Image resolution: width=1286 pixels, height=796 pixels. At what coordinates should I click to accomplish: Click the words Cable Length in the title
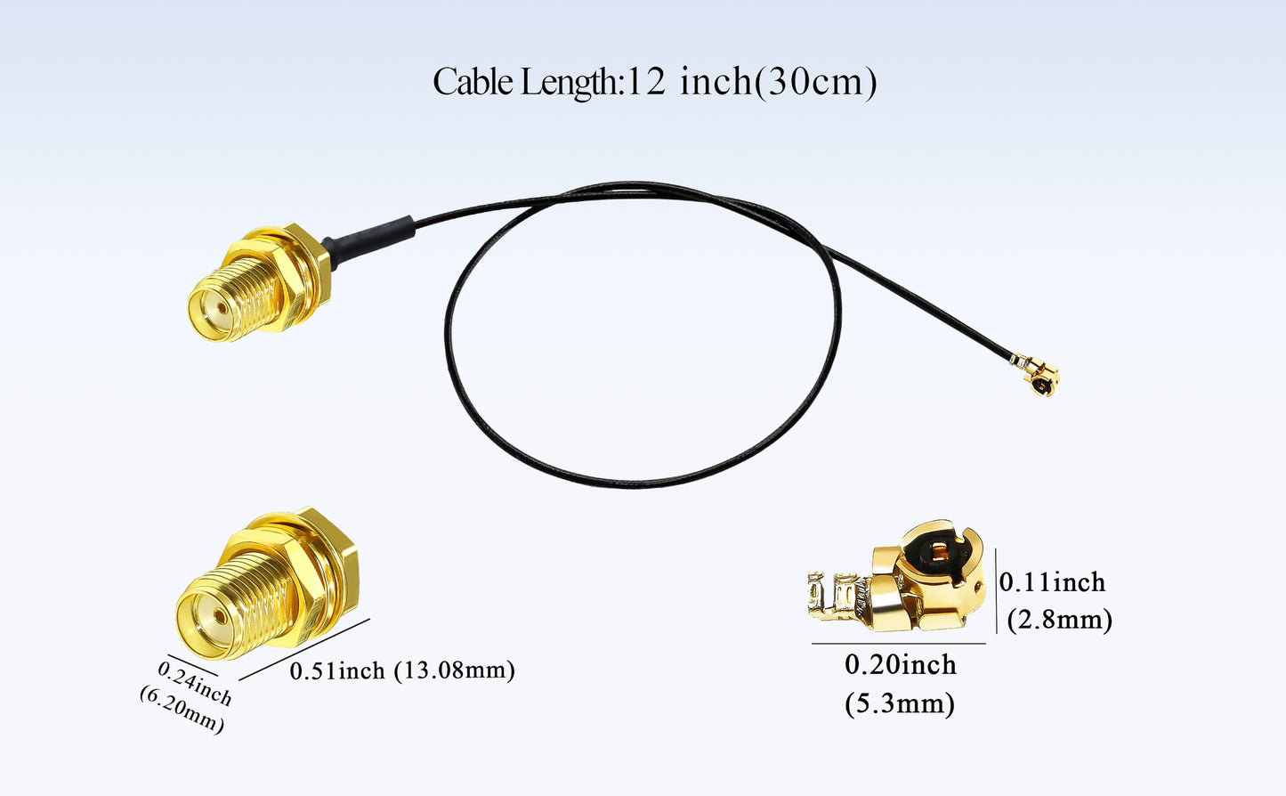[524, 82]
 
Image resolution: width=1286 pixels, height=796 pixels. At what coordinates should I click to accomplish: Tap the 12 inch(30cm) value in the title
[752, 82]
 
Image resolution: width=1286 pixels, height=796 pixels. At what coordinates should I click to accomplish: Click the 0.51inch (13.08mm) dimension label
[402, 670]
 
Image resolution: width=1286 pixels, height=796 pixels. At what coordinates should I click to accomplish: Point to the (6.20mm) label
[182, 710]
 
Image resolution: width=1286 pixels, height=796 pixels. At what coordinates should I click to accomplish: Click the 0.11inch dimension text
[1052, 582]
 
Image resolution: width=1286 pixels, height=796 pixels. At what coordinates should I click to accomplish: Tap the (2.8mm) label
[1059, 619]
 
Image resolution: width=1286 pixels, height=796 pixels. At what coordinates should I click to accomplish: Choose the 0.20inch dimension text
[900, 665]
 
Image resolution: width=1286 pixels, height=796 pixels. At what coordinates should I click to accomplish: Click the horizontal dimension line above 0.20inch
[899, 643]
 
